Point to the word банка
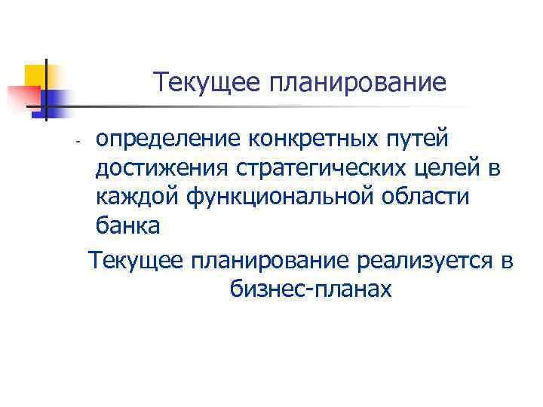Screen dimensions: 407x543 pos(127,225)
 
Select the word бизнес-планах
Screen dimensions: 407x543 pos(308,289)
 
